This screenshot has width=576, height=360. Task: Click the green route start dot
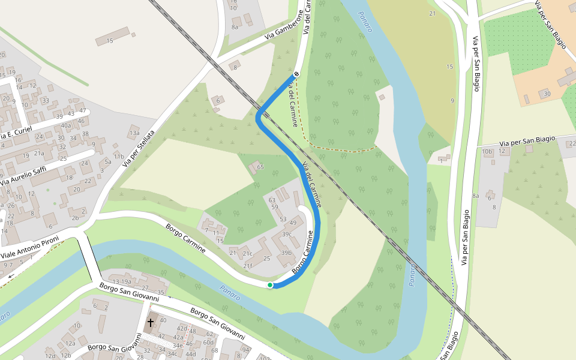click(271, 285)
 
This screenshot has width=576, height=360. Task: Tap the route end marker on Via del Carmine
click(296, 74)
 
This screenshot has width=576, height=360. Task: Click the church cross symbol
click(150, 323)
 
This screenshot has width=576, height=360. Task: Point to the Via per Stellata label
click(139, 148)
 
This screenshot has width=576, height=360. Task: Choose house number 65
click(260, 166)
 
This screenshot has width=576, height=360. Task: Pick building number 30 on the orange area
click(546, 94)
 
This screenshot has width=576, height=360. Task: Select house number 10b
click(487, 151)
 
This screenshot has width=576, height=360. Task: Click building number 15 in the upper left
click(109, 41)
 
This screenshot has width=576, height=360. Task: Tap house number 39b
click(286, 253)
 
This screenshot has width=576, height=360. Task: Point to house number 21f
click(248, 265)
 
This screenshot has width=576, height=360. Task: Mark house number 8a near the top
click(235, 27)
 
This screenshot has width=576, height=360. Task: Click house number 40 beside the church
click(163, 320)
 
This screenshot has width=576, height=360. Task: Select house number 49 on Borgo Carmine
click(293, 223)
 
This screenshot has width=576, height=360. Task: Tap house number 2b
click(75, 218)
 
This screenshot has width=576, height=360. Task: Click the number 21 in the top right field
click(432, 13)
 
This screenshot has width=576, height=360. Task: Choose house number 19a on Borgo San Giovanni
click(125, 281)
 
